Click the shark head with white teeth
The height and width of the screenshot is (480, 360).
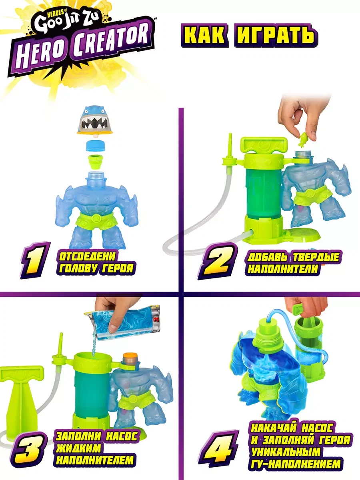[x=94, y=120]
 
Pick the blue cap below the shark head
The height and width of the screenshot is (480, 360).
[x=95, y=146]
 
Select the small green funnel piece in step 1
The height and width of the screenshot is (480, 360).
[x=95, y=161]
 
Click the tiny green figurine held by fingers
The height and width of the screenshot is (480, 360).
[x=303, y=139]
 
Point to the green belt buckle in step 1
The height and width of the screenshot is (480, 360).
[x=96, y=217]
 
